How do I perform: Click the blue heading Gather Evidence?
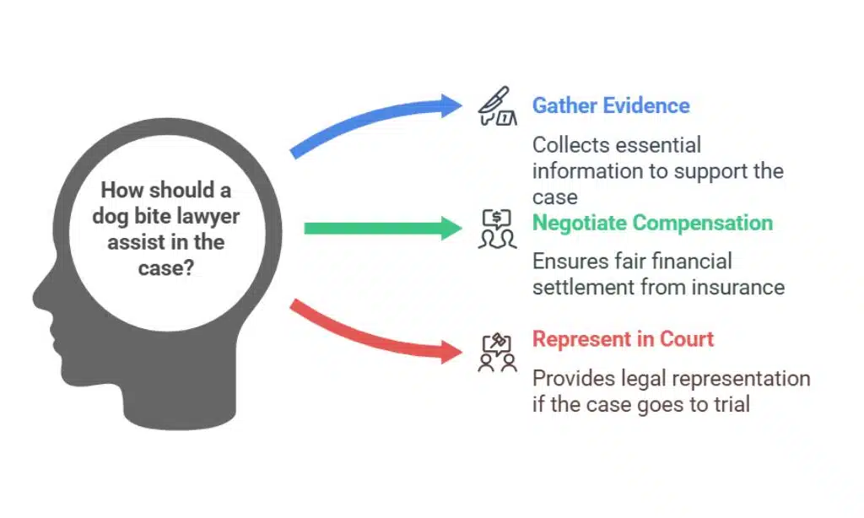pyautogui.click(x=610, y=106)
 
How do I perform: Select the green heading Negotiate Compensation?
pyautogui.click(x=651, y=223)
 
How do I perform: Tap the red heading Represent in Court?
pyautogui.click(x=623, y=339)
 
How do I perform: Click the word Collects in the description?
pyautogui.click(x=570, y=145)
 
